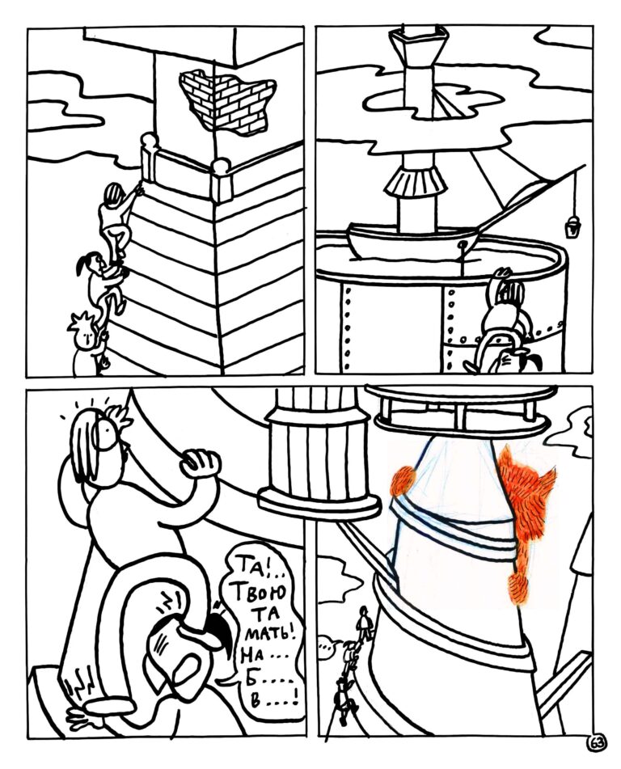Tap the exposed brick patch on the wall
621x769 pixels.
click(x=227, y=100)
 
